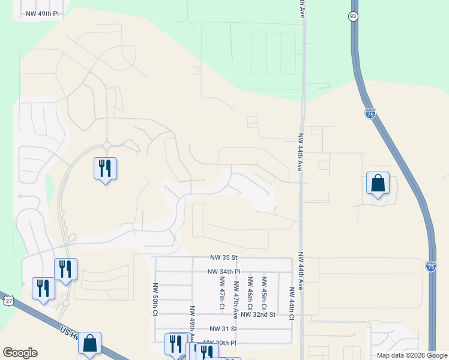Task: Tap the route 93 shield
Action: [x=354, y=17]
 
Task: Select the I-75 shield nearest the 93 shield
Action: [x=370, y=113]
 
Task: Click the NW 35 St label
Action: [x=224, y=257]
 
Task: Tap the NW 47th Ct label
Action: [x=222, y=293]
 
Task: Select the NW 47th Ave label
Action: [x=237, y=296]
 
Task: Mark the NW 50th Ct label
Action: [x=155, y=299]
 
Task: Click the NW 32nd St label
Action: [x=258, y=314]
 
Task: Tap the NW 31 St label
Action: [x=224, y=329]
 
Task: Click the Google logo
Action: [x=20, y=353]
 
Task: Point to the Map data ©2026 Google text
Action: [x=412, y=355]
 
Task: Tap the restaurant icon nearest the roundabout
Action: [x=105, y=169]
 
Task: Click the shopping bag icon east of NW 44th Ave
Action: [x=378, y=183]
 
